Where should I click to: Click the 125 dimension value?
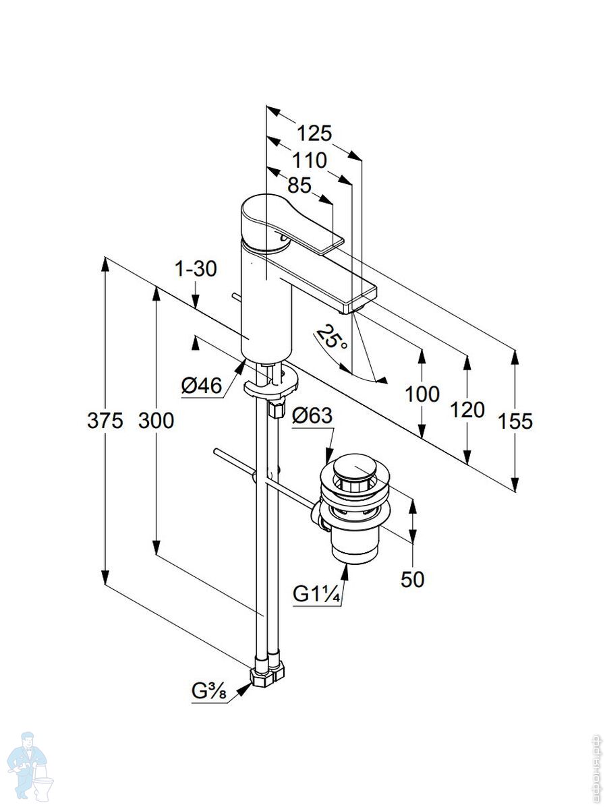[315, 133]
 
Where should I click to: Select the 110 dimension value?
[310, 160]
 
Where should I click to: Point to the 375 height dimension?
[105, 421]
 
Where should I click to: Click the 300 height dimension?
[156, 421]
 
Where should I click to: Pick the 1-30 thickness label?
[196, 270]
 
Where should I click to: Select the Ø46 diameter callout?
[202, 386]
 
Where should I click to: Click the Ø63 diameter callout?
[312, 416]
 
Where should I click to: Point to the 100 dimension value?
[422, 394]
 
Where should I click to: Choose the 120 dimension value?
[466, 409]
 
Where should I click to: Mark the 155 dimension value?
[515, 421]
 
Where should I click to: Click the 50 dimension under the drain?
[412, 578]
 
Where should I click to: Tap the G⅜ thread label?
[210, 692]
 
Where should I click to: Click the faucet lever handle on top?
[283, 222]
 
